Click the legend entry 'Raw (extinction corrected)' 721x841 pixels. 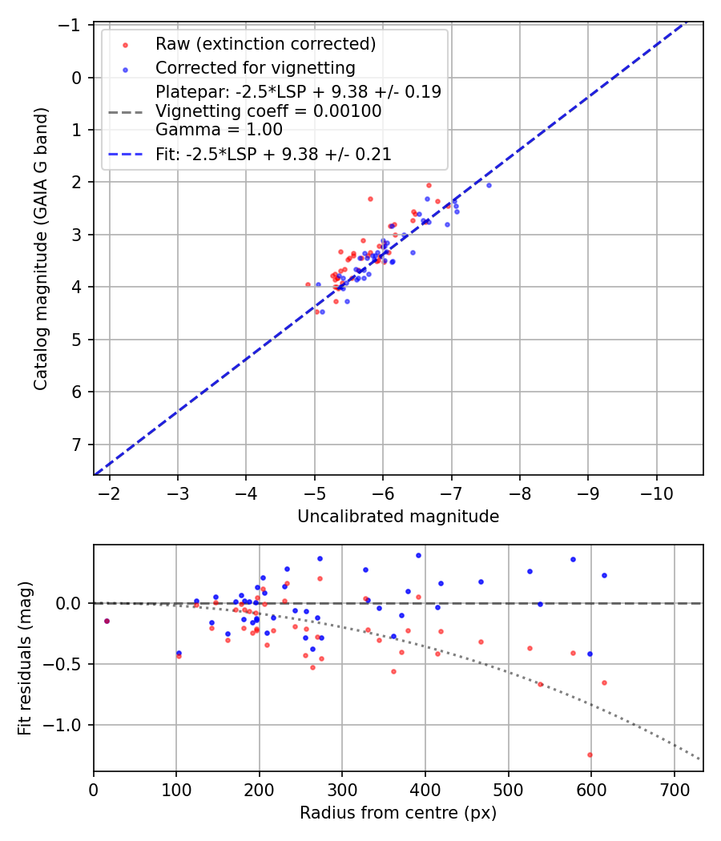(266, 43)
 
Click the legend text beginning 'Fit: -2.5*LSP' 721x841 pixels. (273, 155)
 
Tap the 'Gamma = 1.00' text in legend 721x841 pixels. (219, 130)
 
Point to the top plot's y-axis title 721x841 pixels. (41, 248)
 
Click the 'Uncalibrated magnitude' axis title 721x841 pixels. (398, 517)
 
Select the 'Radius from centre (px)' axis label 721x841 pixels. (398, 813)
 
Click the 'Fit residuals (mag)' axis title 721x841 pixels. (24, 658)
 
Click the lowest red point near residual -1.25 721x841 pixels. (590, 754)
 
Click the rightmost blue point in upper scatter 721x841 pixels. (489, 185)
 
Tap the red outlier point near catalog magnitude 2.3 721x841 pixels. (370, 199)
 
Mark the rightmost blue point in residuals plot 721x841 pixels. (604, 575)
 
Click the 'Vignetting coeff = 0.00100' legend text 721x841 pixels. (268, 111)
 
